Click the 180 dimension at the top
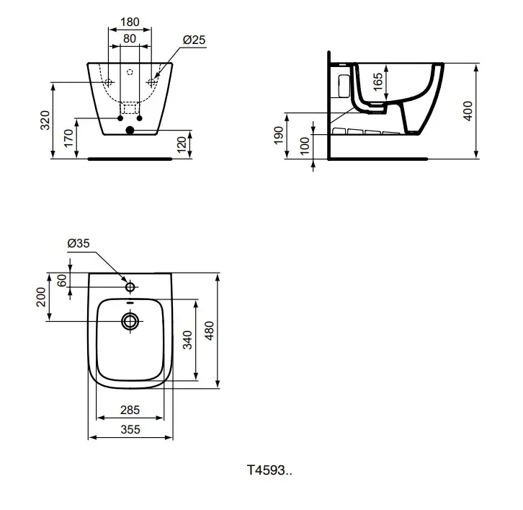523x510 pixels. pyautogui.click(x=130, y=22)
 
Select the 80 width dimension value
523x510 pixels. pyautogui.click(x=130, y=38)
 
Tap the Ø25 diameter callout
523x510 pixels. pyautogui.click(x=194, y=40)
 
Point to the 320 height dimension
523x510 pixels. pyautogui.click(x=45, y=120)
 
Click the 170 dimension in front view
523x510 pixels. pyautogui.click(x=68, y=137)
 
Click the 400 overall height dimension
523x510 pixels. pyautogui.click(x=468, y=110)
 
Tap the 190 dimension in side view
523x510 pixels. pyautogui.click(x=279, y=135)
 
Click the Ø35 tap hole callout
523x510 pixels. pyautogui.click(x=79, y=244)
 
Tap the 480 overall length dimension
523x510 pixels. pyautogui.click(x=210, y=331)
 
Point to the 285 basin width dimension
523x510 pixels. pyautogui.click(x=130, y=410)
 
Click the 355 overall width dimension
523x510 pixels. pyautogui.click(x=130, y=428)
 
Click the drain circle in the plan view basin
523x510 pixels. pyautogui.click(x=130, y=321)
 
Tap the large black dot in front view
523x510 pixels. pyautogui.click(x=130, y=131)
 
